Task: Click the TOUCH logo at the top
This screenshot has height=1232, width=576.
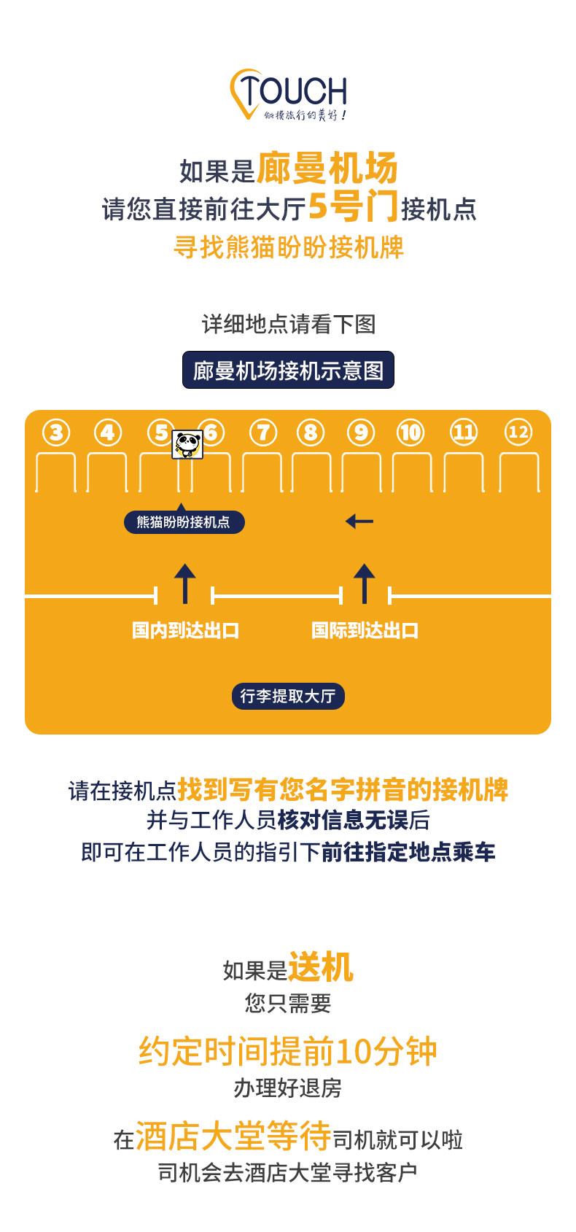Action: point(289,94)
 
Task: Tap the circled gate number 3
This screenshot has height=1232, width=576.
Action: point(56,433)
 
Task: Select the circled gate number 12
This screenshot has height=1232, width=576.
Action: point(518,432)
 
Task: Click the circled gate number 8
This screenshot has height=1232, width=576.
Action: point(311,433)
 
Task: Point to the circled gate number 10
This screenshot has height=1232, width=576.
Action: point(410,433)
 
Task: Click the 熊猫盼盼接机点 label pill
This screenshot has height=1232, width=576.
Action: point(184,522)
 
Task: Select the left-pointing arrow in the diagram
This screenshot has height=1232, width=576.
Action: point(359,522)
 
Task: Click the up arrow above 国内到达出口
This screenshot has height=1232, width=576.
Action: point(185,584)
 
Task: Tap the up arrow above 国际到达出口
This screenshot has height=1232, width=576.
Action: point(365,584)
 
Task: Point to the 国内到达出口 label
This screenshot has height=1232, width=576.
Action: point(186,630)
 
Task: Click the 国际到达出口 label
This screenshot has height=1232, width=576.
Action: point(365,630)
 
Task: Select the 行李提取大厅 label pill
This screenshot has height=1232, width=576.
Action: point(288,696)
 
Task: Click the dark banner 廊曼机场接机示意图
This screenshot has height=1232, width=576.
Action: point(288,371)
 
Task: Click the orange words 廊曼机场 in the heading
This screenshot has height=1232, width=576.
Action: point(327,168)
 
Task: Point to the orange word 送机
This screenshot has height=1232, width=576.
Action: point(321,968)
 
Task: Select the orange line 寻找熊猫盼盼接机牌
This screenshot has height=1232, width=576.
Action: point(289,247)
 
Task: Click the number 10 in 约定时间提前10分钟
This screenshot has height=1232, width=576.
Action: point(354,1052)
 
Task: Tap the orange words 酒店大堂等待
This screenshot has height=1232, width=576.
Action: point(233,1136)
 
